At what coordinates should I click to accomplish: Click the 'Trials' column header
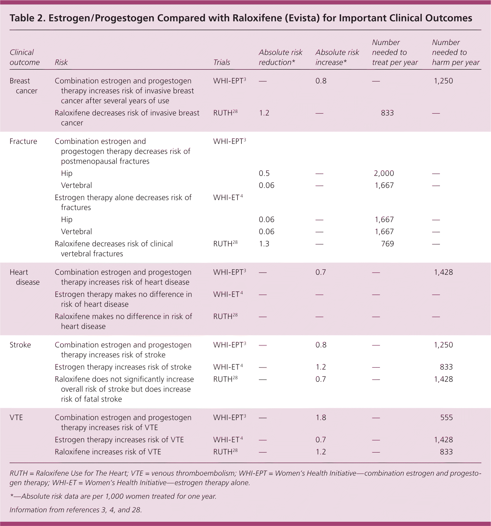click(222, 62)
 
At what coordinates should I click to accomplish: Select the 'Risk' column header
click(61, 62)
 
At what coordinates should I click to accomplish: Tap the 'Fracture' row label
click(23, 141)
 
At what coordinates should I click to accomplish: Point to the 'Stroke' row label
click(20, 345)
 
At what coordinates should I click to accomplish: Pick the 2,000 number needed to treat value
click(384, 173)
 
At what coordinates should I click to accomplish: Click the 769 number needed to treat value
click(387, 244)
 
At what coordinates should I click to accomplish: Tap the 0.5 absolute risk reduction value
click(264, 173)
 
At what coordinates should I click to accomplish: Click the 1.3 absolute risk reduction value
click(264, 244)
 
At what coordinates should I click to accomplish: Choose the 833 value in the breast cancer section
click(387, 113)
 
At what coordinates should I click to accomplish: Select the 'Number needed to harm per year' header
click(455, 52)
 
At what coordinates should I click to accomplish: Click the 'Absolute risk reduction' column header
click(280, 57)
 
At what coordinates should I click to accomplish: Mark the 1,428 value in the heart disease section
click(443, 272)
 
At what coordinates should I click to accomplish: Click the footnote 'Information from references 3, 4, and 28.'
click(76, 510)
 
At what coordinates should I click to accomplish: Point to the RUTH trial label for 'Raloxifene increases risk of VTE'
click(225, 452)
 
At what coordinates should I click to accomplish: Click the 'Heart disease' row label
click(24, 277)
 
